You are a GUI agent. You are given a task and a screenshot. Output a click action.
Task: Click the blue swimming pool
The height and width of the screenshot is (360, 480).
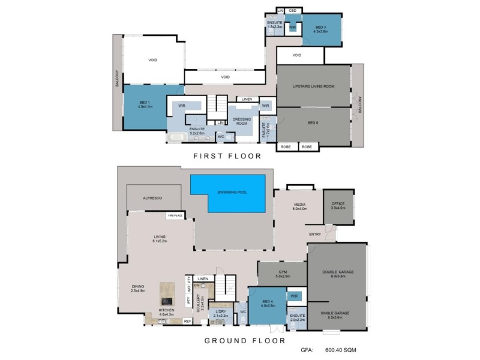click(x=227, y=193)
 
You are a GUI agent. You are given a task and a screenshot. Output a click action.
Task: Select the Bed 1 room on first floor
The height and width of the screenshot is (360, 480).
click(x=145, y=107)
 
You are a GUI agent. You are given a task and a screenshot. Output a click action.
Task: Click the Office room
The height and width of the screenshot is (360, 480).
click(x=338, y=207)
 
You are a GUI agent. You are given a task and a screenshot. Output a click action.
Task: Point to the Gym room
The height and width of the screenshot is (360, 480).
click(x=282, y=274)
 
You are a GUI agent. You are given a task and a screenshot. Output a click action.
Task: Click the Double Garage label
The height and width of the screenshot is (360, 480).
click(x=337, y=272)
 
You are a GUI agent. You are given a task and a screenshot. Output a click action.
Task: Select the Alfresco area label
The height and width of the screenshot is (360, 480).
click(x=153, y=197)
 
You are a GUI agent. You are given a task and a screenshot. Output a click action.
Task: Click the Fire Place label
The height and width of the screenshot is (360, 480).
click(x=175, y=215)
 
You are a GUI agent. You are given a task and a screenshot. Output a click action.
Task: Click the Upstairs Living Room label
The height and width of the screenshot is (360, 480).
click(x=313, y=86)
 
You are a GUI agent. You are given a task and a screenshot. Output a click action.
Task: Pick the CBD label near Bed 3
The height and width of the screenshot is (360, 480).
click(x=292, y=11)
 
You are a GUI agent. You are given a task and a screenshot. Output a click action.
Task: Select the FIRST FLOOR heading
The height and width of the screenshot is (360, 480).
click(x=226, y=156)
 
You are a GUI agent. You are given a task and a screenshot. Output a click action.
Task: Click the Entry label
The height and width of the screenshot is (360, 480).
click(x=314, y=234)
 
